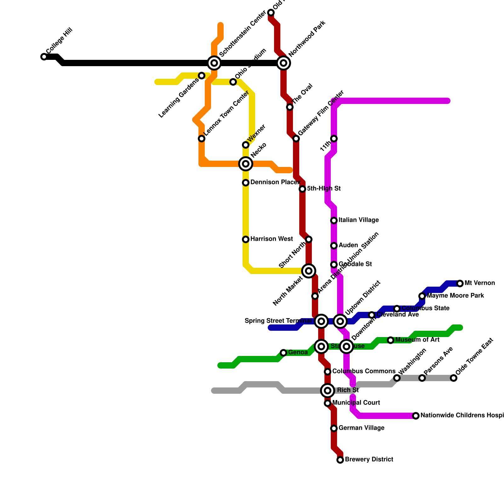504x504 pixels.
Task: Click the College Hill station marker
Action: pyautogui.click(x=44, y=57)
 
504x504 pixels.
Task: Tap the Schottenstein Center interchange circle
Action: pyautogui.click(x=214, y=63)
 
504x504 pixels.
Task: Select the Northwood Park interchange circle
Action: pyautogui.click(x=283, y=63)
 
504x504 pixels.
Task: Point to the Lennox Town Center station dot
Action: pyautogui.click(x=202, y=139)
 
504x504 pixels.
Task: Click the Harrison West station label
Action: pyautogui.click(x=272, y=239)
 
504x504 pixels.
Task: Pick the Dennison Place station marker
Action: pyautogui.click(x=246, y=183)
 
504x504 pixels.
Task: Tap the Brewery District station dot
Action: pyautogui.click(x=340, y=460)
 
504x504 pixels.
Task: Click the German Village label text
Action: pyautogui.click(x=361, y=428)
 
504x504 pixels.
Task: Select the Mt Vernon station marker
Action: pyautogui.click(x=460, y=283)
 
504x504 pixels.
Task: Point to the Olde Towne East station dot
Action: pyautogui.click(x=454, y=378)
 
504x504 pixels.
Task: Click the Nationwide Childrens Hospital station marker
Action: pyautogui.click(x=416, y=416)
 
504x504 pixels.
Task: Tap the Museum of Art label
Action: pyautogui.click(x=417, y=340)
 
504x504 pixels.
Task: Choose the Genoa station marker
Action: pyautogui.click(x=283, y=353)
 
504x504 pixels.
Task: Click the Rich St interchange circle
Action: pyautogui.click(x=328, y=391)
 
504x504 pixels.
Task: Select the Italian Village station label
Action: pyautogui.click(x=358, y=220)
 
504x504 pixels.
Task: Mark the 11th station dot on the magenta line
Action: pyautogui.click(x=334, y=139)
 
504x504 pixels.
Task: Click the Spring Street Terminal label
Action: pyautogui.click(x=278, y=321)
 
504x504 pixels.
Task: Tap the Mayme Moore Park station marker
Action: pyautogui.click(x=422, y=296)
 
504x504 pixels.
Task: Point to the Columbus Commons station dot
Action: pyautogui.click(x=328, y=372)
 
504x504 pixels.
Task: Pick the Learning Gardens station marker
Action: pyautogui.click(x=202, y=76)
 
